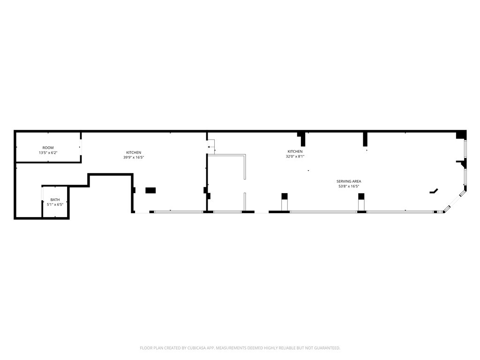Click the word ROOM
(x=48, y=148)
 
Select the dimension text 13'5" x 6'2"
(x=48, y=153)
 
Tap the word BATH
(x=55, y=200)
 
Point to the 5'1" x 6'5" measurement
(x=55, y=204)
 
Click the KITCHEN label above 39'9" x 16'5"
(x=134, y=152)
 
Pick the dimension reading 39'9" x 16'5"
(x=134, y=157)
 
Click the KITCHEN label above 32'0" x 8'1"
(x=295, y=151)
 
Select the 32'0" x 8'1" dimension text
(x=295, y=157)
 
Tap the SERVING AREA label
(x=349, y=181)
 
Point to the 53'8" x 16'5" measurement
(x=349, y=186)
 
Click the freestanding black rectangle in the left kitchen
(x=150, y=190)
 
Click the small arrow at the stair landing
(x=209, y=147)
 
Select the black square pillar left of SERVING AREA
(x=284, y=196)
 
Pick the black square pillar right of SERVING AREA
(x=361, y=196)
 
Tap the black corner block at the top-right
(x=461, y=135)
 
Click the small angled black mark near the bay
(x=434, y=191)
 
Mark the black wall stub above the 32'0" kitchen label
(x=303, y=139)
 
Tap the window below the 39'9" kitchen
(x=179, y=212)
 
